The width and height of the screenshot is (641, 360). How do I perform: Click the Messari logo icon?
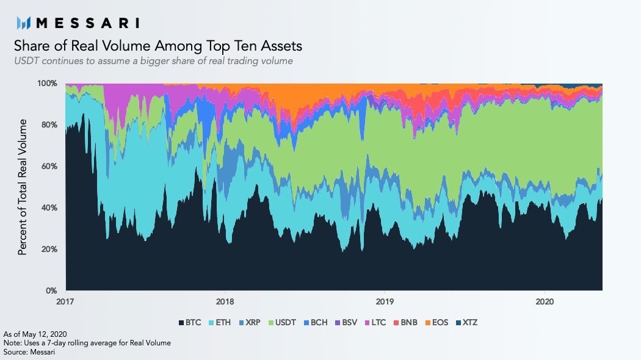[23, 23]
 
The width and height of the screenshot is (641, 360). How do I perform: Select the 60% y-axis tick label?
[49, 166]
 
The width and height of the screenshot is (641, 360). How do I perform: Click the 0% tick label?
[51, 290]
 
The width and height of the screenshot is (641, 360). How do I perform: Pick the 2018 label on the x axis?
[225, 301]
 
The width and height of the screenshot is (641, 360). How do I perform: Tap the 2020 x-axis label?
[545, 301]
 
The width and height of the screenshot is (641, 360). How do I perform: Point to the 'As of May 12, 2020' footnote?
[35, 334]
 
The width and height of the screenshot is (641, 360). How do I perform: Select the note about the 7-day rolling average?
[87, 343]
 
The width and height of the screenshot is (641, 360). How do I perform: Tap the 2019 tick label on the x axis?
[385, 301]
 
